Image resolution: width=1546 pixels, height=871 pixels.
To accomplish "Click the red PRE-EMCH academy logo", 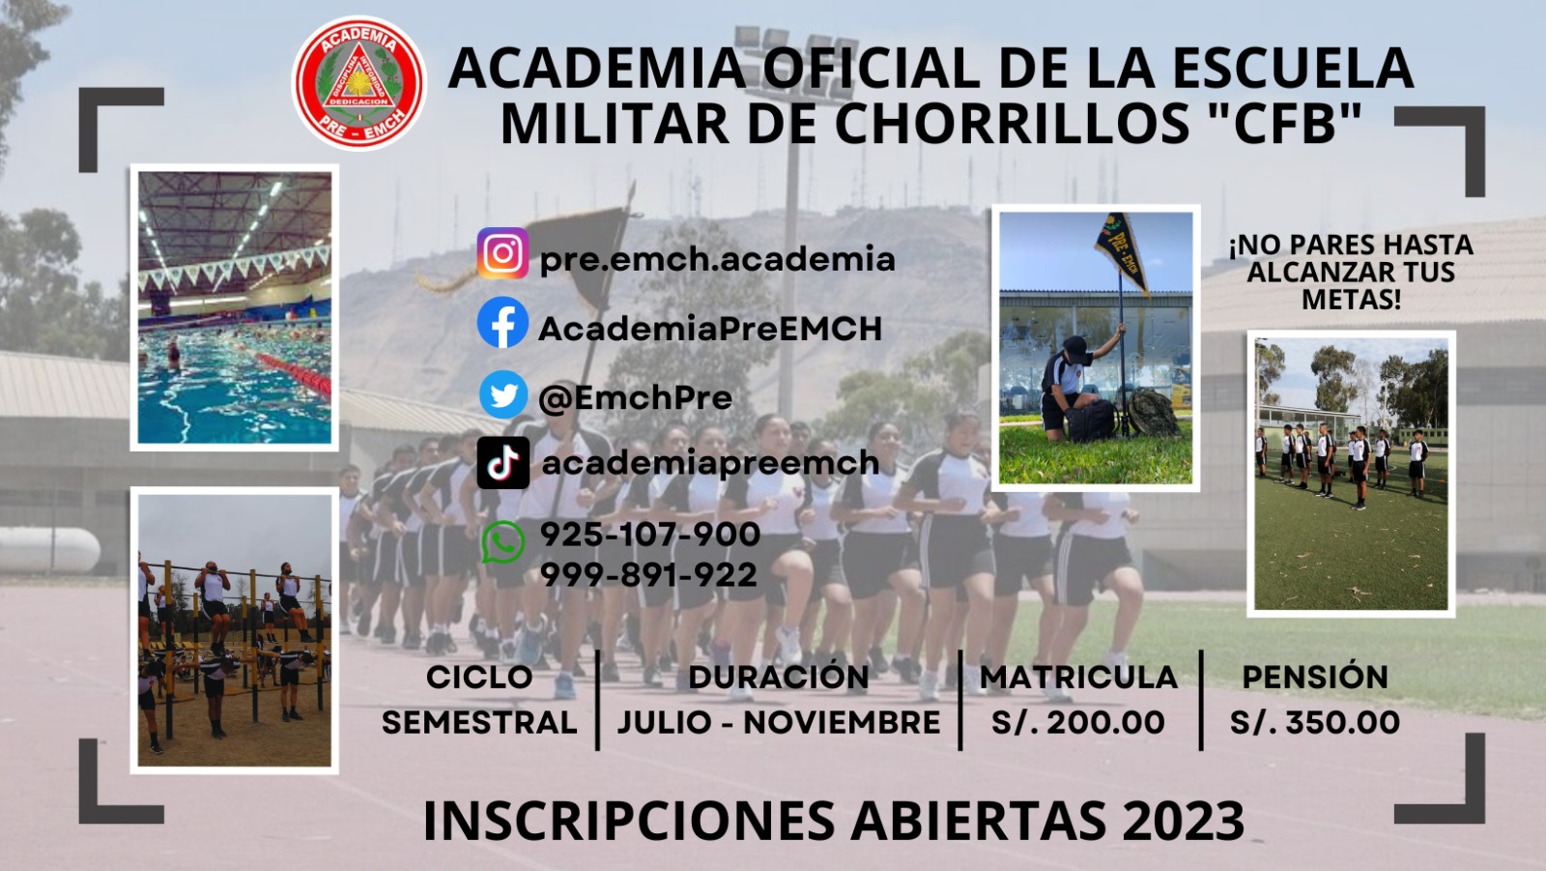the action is click(358, 83).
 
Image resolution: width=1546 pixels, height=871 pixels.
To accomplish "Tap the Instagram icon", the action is click(502, 253).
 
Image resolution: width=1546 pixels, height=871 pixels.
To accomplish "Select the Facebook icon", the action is click(502, 323).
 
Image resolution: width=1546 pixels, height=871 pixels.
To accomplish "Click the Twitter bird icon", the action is click(503, 394).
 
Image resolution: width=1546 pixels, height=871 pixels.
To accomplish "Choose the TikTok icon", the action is click(503, 463).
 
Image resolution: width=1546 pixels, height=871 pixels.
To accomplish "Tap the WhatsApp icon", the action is click(502, 541).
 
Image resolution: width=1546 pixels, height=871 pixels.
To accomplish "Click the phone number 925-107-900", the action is click(649, 534).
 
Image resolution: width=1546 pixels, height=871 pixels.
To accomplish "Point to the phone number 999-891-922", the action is click(648, 574).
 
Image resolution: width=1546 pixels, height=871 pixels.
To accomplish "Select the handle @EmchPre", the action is click(635, 397).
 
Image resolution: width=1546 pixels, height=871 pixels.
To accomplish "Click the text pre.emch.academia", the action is click(717, 260).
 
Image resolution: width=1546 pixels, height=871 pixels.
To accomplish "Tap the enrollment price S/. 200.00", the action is click(1078, 722).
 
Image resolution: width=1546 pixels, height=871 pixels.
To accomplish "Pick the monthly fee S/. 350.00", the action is click(1315, 722).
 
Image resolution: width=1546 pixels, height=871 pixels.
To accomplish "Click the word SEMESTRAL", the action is click(479, 722).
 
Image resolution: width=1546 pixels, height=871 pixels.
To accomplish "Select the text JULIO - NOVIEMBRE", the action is click(779, 722).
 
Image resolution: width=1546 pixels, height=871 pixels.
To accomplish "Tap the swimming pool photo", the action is click(235, 307).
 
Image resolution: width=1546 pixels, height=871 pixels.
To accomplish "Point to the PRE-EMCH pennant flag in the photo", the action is click(1122, 252).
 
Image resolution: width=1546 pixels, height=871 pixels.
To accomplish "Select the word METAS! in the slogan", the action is click(1352, 300).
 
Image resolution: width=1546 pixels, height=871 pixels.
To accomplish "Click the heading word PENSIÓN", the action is click(1315, 677).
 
